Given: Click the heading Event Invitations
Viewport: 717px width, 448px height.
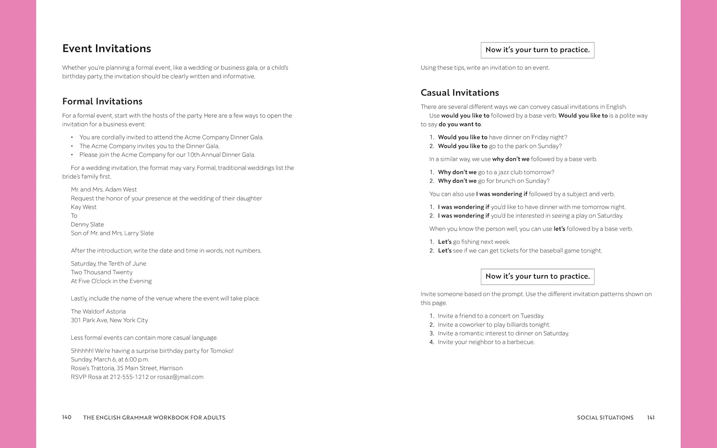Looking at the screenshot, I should (107, 49).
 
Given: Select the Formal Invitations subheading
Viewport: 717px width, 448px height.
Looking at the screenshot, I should (102, 101).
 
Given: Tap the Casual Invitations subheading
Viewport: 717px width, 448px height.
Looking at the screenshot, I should (459, 93).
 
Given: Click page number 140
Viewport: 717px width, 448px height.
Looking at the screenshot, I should (66, 417).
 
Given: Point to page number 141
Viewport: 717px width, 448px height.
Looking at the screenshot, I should (651, 417).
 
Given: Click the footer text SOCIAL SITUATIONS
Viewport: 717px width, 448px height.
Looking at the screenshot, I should (605, 417).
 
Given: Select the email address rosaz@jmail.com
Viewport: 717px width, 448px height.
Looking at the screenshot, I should (180, 377).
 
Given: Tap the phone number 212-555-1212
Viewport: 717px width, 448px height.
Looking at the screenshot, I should (129, 377).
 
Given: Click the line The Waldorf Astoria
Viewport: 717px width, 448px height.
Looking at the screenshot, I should (98, 311).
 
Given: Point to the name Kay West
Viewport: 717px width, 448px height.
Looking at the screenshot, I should (84, 207).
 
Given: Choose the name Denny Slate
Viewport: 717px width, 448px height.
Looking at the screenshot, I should (87, 224).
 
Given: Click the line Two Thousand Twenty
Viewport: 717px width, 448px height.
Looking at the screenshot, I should (101, 272).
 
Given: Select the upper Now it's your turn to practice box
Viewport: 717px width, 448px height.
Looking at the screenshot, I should (537, 50).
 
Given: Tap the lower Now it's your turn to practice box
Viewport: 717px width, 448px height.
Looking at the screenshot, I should (537, 277).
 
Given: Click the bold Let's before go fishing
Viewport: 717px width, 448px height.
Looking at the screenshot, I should (445, 242).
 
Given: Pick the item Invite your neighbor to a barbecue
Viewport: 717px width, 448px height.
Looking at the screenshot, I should (486, 342).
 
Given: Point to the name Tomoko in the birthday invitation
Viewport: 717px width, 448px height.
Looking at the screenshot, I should (221, 351).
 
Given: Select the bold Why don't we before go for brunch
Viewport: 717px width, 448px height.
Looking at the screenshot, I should (457, 181).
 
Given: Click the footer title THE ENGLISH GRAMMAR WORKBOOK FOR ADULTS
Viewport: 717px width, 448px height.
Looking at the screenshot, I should (154, 417).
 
